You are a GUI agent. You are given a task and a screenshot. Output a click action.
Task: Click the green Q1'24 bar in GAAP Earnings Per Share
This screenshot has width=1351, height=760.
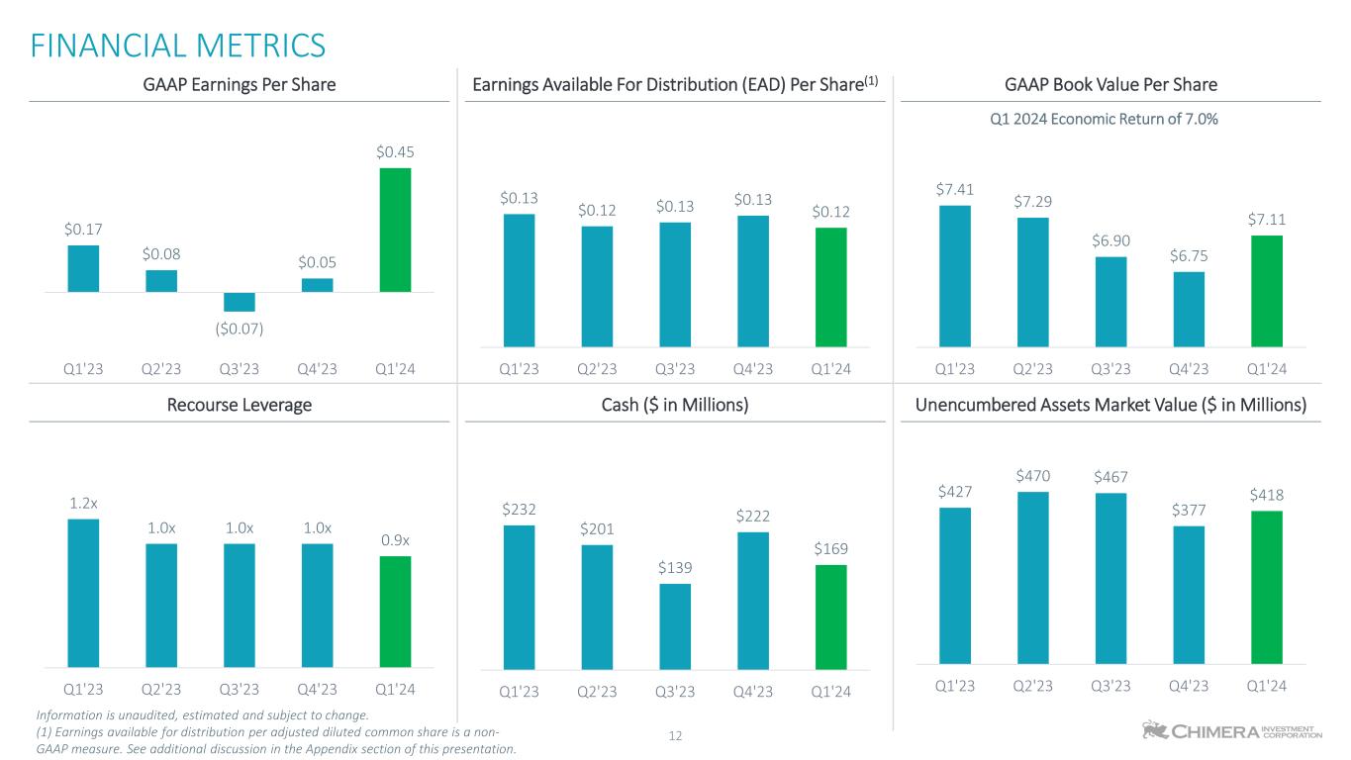tap(395, 230)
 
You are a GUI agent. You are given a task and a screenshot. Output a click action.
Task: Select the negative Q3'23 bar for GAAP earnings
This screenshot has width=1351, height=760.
tap(239, 302)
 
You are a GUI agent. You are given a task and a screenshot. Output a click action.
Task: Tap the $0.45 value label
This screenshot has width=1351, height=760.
tap(395, 152)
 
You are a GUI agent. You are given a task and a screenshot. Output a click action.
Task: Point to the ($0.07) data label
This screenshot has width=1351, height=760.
tap(239, 327)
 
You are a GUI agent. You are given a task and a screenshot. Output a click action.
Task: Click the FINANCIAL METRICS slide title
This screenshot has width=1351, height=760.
tap(177, 46)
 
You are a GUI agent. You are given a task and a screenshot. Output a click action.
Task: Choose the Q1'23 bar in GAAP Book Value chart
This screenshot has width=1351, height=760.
tap(954, 276)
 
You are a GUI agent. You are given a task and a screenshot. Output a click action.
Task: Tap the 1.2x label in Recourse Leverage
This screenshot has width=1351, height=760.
tap(83, 504)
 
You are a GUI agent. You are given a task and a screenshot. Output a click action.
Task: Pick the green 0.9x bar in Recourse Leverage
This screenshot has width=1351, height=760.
tap(395, 611)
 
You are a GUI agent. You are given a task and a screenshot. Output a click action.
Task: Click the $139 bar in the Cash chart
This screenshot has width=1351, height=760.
tap(675, 626)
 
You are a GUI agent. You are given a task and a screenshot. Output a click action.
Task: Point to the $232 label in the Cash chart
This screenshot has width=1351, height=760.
tap(519, 510)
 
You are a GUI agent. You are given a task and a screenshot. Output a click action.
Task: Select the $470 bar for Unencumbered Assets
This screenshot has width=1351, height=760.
tap(1032, 577)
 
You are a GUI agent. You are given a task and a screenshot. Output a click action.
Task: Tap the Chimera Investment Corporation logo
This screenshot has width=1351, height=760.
tap(1231, 730)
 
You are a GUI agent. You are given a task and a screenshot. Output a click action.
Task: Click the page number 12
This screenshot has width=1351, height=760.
tap(675, 735)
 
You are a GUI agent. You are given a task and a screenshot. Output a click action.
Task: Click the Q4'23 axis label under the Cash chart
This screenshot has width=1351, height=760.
tap(753, 692)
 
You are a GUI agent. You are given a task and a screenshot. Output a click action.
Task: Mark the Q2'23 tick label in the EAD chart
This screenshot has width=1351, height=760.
tap(597, 369)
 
